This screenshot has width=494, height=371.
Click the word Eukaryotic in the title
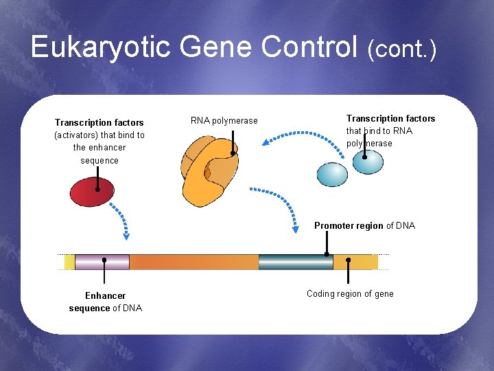pyautogui.click(x=101, y=47)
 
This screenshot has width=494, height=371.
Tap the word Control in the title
pyautogui.click(x=311, y=47)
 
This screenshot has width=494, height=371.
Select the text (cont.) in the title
pyautogui.click(x=401, y=48)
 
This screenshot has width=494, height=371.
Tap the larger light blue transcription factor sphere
pyautogui.click(x=333, y=173)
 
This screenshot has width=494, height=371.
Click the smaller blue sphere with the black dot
pyautogui.click(x=368, y=162)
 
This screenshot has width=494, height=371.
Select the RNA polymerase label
pyautogui.click(x=224, y=121)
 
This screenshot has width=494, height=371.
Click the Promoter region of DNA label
pyautogui.click(x=364, y=225)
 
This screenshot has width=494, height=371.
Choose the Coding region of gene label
pyautogui.click(x=350, y=294)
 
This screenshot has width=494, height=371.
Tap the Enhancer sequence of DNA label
pyautogui.click(x=106, y=302)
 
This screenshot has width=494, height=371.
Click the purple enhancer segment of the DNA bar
pyautogui.click(x=102, y=262)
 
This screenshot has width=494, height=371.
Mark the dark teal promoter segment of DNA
pyautogui.click(x=295, y=262)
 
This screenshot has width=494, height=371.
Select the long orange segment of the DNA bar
pyautogui.click(x=193, y=262)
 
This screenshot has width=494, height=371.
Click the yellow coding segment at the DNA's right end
pyautogui.click(x=355, y=262)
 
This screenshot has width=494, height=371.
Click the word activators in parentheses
pyautogui.click(x=76, y=135)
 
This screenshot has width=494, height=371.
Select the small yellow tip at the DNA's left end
pyautogui.click(x=69, y=262)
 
